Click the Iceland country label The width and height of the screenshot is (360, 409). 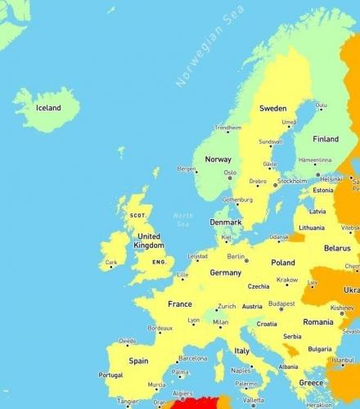tap(48, 107)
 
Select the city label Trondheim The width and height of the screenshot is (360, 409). tap(227, 128)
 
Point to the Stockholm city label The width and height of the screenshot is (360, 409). tap(292, 181)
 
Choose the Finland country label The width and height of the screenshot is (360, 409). tap(325, 139)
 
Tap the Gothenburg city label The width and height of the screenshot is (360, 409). tap(237, 199)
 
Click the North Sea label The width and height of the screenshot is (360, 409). tap(182, 219)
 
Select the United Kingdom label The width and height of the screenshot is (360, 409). tap(149, 240)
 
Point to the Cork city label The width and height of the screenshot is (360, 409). tap(111, 263)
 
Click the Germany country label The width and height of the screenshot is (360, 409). tap(226, 272)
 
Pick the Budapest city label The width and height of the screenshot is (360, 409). tap(281, 303)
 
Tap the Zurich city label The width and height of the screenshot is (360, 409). tap(227, 307)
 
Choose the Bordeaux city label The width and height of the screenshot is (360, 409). tap(160, 328)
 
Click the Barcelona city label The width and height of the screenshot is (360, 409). tap(193, 357)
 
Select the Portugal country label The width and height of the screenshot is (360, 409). tap(110, 375)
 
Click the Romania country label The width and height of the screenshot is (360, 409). tap(317, 322)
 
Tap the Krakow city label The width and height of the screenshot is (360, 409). tap(287, 280)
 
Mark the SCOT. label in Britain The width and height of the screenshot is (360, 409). tap(137, 215)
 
